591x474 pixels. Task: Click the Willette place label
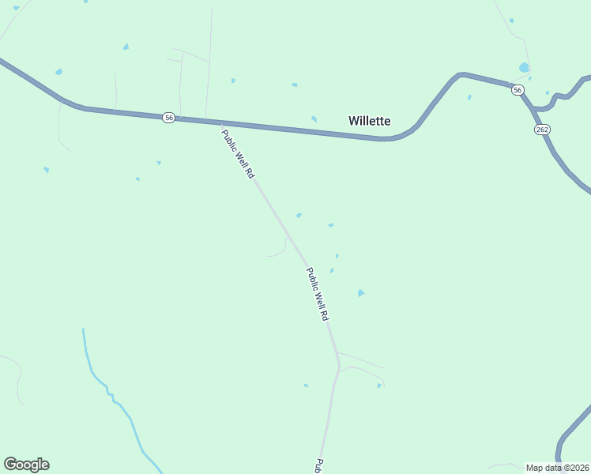pyautogui.click(x=369, y=121)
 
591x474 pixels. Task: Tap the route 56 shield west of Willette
pyautogui.click(x=169, y=117)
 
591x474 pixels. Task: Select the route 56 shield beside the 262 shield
pyautogui.click(x=517, y=91)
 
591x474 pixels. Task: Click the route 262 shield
pyautogui.click(x=542, y=129)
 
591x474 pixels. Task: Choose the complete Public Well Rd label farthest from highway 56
pyautogui.click(x=317, y=293)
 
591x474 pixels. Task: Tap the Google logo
pyautogui.click(x=26, y=465)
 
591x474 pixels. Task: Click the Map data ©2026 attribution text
pyautogui.click(x=557, y=468)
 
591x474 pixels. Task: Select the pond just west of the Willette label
pyautogui.click(x=314, y=119)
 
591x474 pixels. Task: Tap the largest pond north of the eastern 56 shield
pyautogui.click(x=524, y=68)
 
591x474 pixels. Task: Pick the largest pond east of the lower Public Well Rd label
pyautogui.click(x=361, y=293)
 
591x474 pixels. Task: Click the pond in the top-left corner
pyautogui.click(x=17, y=8)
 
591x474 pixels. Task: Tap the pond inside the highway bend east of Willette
pyautogui.click(x=469, y=98)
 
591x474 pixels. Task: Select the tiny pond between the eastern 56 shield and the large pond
pyautogui.click(x=529, y=79)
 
